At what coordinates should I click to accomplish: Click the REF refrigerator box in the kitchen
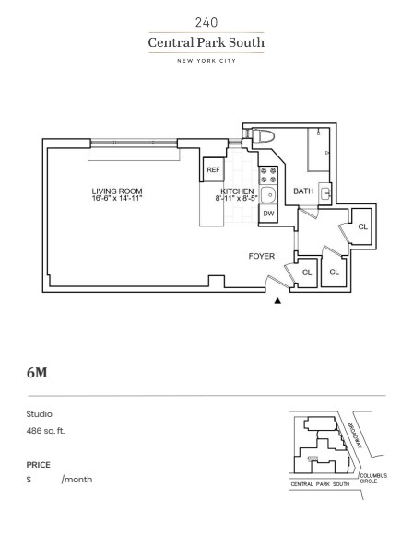[214, 169]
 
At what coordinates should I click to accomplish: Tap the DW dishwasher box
[268, 214]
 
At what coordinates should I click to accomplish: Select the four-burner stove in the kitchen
[268, 176]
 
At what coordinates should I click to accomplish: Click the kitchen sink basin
[268, 195]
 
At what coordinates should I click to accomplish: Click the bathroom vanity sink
[325, 193]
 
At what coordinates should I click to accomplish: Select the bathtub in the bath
[319, 150]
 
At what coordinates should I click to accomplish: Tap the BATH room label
[303, 191]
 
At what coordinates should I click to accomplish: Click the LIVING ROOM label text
[117, 191]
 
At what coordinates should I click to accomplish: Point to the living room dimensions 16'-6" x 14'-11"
[117, 198]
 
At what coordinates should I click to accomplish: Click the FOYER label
[262, 256]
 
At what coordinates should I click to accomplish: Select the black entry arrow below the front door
[277, 300]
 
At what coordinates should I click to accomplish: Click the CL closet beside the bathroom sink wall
[363, 226]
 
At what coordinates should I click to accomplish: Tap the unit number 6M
[37, 373]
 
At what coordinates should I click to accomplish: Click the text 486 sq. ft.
[45, 431]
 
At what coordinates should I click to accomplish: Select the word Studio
[39, 414]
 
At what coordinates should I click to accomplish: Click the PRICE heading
[38, 465]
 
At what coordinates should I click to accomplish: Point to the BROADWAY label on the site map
[354, 435]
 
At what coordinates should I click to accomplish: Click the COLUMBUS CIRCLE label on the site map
[373, 479]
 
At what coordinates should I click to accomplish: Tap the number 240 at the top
[206, 22]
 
